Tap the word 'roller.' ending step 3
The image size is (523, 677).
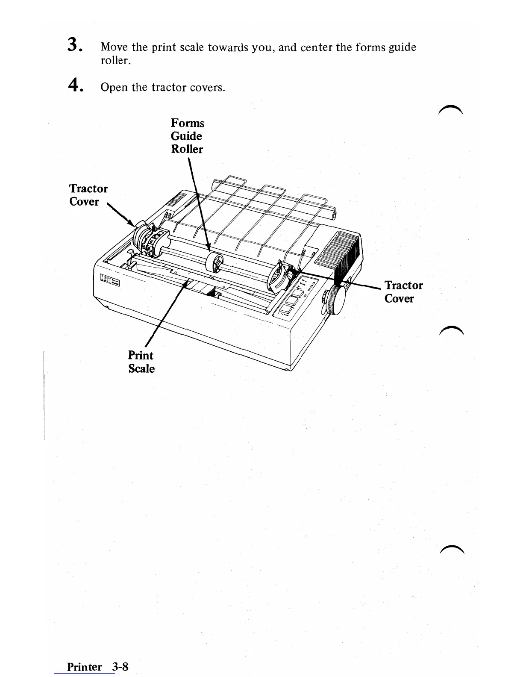click(x=115, y=61)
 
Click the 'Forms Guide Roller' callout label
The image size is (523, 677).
click(x=187, y=136)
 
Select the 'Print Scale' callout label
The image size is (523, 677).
click(x=141, y=362)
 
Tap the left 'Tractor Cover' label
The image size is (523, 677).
click(x=88, y=195)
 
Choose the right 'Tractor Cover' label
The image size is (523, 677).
click(x=403, y=291)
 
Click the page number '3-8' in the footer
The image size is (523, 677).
click(x=120, y=666)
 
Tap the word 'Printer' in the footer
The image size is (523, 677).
click(x=84, y=667)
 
